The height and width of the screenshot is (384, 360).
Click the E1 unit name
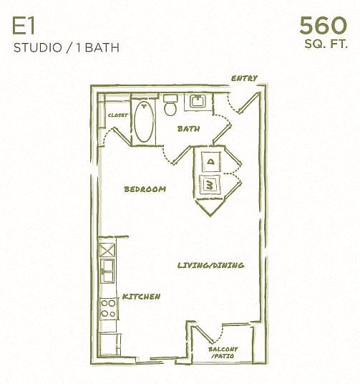point(24,27)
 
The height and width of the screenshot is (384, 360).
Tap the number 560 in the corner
point(323,25)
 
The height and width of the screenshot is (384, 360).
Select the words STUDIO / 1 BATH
point(67,47)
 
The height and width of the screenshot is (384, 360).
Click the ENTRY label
point(244,78)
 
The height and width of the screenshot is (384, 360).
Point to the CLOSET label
point(118,115)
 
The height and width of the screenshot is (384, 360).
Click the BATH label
point(188,129)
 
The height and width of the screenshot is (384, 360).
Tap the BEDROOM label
point(145,189)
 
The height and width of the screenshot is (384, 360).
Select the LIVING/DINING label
point(210,265)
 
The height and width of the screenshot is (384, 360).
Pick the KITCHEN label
point(141,297)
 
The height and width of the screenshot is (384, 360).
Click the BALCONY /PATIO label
point(223,352)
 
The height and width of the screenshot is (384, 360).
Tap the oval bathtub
point(145,122)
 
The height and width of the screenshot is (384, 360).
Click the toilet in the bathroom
point(170,105)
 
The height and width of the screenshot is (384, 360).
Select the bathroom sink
point(198,102)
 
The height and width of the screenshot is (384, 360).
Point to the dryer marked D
point(210,162)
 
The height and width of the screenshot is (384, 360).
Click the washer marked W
point(210,185)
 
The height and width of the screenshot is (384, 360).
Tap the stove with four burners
point(108,309)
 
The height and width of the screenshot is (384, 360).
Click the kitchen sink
point(107,271)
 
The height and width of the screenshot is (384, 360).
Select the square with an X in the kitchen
point(107,250)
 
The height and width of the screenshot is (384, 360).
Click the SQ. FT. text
point(326,44)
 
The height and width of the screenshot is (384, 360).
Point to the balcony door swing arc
point(221,333)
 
